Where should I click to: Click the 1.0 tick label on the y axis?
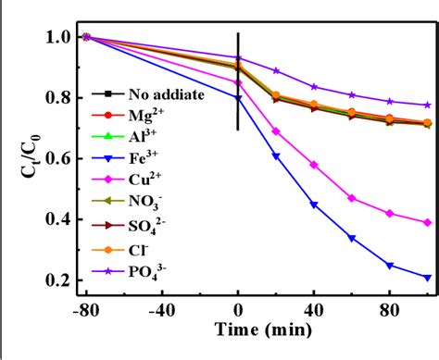pyautogui.click(x=57, y=38)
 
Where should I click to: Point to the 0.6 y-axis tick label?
pyautogui.click(x=57, y=159)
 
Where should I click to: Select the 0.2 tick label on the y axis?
pyautogui.click(x=57, y=280)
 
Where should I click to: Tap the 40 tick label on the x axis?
pyautogui.click(x=315, y=313)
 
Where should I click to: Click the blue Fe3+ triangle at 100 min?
pyautogui.click(x=426, y=277)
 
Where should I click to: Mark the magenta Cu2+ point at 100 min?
pyautogui.click(x=426, y=222)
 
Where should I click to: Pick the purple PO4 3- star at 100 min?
pyautogui.click(x=426, y=106)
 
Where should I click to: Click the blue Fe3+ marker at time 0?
pyautogui.click(x=238, y=97)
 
